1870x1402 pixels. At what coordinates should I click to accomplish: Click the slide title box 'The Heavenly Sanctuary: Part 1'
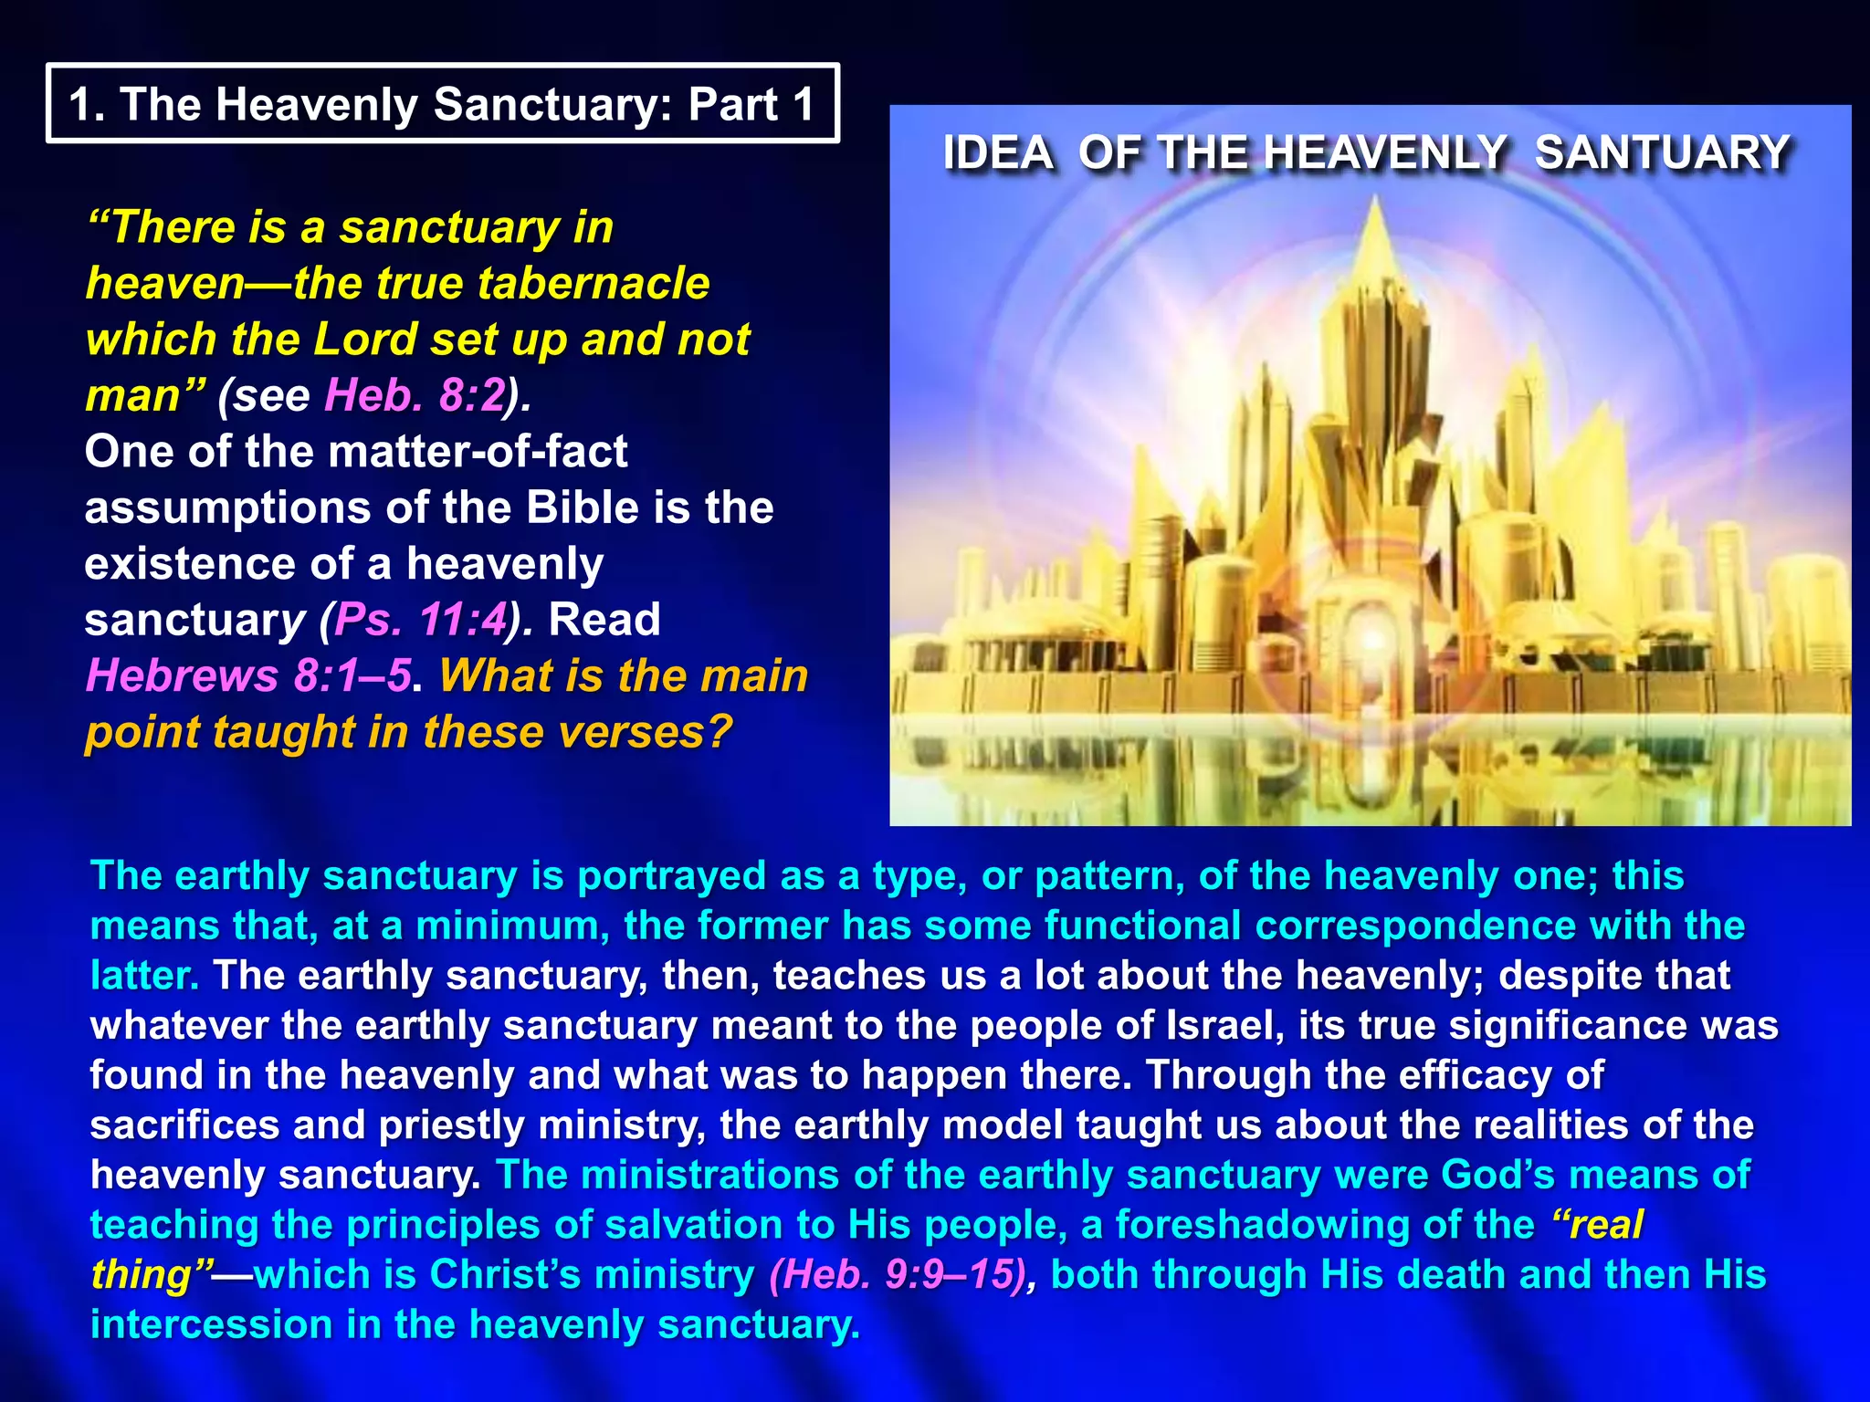(442, 103)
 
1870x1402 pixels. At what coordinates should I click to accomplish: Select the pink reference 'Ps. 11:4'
(420, 620)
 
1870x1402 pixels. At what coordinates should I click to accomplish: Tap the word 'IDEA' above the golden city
(998, 152)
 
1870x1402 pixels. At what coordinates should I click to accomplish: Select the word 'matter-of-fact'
(477, 452)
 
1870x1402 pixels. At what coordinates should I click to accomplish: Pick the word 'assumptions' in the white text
(227, 508)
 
